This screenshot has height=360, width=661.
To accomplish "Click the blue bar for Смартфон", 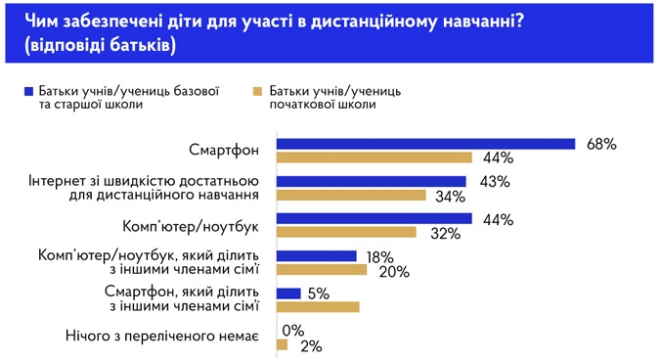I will tap(425, 144).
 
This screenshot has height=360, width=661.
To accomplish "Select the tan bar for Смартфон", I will tap(375, 157).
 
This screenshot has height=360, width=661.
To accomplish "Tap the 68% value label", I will tap(601, 144).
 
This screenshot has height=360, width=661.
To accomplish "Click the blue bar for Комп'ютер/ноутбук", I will tap(375, 218).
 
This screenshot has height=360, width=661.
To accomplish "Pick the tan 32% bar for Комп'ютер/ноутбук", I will tap(347, 232).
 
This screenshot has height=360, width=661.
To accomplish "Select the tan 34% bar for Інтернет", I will tap(352, 195).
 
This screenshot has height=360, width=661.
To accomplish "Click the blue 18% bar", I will tap(317, 255).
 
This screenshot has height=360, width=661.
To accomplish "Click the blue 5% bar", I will tap(288, 292).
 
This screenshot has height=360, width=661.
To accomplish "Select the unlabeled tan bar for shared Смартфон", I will tap(319, 307).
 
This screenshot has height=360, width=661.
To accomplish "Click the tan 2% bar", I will tap(283, 344).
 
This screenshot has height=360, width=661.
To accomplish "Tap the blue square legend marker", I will tap(32, 90).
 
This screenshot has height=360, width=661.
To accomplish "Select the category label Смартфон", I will tap(224, 150).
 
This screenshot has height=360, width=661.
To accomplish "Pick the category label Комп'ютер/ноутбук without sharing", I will tap(189, 225).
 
